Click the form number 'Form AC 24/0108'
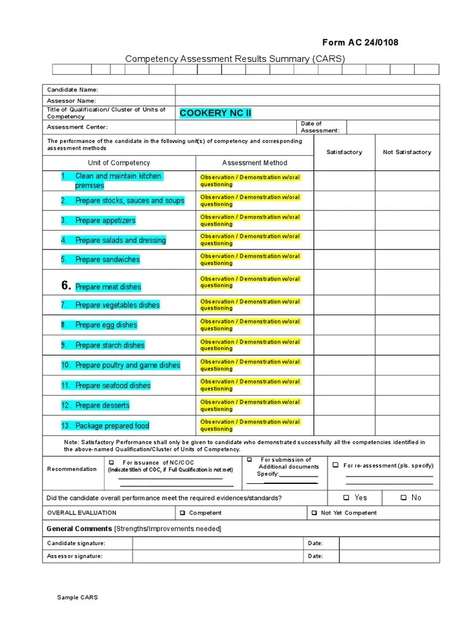click(360, 42)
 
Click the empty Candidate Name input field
click(307, 90)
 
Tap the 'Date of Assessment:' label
click(320, 127)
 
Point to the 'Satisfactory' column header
click(344, 152)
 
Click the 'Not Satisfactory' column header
click(407, 152)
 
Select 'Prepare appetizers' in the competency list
click(105, 221)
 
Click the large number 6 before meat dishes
click(66, 286)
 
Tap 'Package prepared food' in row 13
click(112, 426)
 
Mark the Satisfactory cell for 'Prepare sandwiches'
click(344, 259)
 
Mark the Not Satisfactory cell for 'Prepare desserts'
click(407, 405)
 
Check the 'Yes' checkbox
click(347, 498)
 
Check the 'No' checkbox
click(404, 498)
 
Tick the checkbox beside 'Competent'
click(182, 513)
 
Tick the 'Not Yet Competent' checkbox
click(314, 513)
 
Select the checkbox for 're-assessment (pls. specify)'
click(335, 465)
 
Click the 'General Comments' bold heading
click(80, 529)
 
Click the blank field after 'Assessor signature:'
click(218, 556)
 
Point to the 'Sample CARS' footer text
click(77, 597)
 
